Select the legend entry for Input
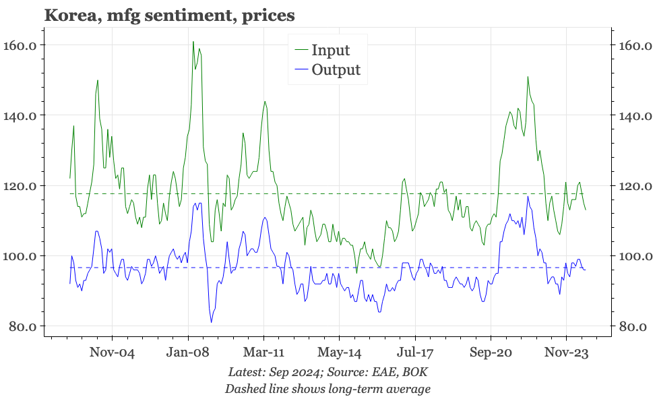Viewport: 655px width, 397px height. click(330, 50)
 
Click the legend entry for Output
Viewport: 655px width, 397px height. click(336, 70)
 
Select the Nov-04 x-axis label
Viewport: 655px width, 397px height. click(113, 353)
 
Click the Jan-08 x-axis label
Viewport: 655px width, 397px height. click(188, 353)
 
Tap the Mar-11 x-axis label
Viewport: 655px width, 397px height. click(263, 353)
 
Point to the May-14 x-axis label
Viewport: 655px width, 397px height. click(340, 353)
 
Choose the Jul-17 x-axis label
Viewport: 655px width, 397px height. click(415, 353)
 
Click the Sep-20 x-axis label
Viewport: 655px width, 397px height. click(491, 353)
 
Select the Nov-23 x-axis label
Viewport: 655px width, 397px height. click(566, 353)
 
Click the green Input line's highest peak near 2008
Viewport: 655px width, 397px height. click(193, 42)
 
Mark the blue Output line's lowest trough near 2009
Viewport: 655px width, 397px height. click(211, 322)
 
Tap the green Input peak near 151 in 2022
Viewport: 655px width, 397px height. click(528, 77)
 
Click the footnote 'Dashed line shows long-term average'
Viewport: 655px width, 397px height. click(327, 388)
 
